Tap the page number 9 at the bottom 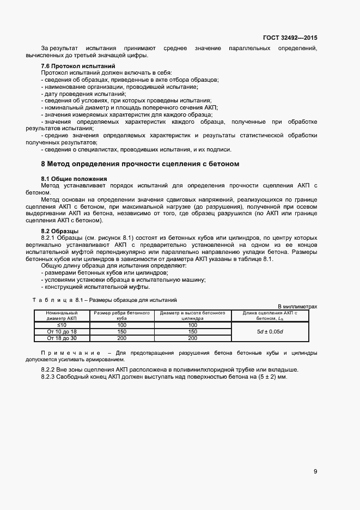pos(315,471)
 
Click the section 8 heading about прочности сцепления pos(141,163)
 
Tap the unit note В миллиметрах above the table pos(297,307)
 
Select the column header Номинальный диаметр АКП pos(62,315)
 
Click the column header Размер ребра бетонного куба pos(122,315)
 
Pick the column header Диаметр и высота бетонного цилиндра pos(193,315)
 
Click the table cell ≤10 pos(62,325)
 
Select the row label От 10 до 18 pos(62,331)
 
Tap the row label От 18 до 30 pos(62,338)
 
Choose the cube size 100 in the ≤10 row pos(122,325)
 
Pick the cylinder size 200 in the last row pos(193,338)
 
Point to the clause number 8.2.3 pos(50,377)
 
